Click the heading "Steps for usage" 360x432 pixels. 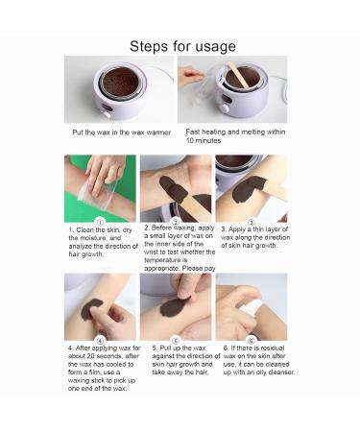point(182,46)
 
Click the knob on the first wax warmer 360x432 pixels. point(107,114)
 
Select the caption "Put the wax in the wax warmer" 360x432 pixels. point(122,132)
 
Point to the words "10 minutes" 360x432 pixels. point(204,141)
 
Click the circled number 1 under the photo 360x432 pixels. point(100,222)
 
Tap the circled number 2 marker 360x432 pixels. point(176,222)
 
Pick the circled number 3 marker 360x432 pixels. point(252,222)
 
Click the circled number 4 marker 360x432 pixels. point(100,341)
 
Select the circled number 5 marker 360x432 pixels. point(176,340)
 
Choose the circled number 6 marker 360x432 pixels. point(252,341)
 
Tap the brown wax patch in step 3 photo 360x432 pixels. point(248,189)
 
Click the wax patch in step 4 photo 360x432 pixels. point(90,309)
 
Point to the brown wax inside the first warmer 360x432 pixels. point(120,82)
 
